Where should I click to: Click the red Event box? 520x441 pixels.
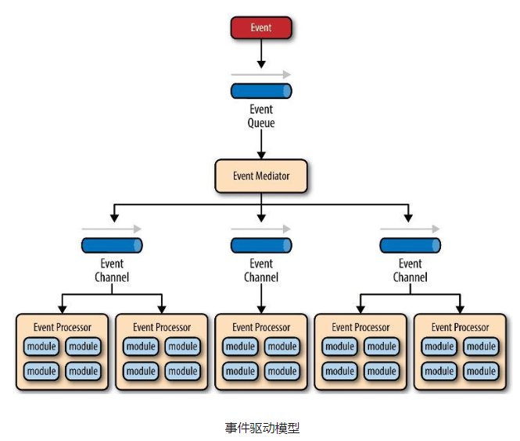(261, 28)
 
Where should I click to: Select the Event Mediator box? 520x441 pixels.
(261, 176)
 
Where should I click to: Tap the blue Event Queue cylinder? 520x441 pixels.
(261, 91)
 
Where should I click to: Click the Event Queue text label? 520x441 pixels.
(261, 116)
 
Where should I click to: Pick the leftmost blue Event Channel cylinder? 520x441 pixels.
(112, 245)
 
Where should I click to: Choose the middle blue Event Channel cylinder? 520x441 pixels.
(261, 245)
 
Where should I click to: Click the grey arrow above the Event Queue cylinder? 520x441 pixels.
(261, 74)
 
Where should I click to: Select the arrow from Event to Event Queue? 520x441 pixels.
(261, 54)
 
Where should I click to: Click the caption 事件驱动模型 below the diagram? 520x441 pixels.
(262, 428)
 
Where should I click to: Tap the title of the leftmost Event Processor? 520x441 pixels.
(63, 327)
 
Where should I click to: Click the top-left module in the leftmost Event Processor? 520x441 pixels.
(41, 347)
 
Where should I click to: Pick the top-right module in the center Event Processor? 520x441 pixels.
(282, 347)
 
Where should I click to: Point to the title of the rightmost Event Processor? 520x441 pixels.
(460, 327)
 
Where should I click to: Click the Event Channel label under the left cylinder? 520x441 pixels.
(112, 270)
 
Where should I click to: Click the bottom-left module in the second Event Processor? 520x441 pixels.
(141, 372)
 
